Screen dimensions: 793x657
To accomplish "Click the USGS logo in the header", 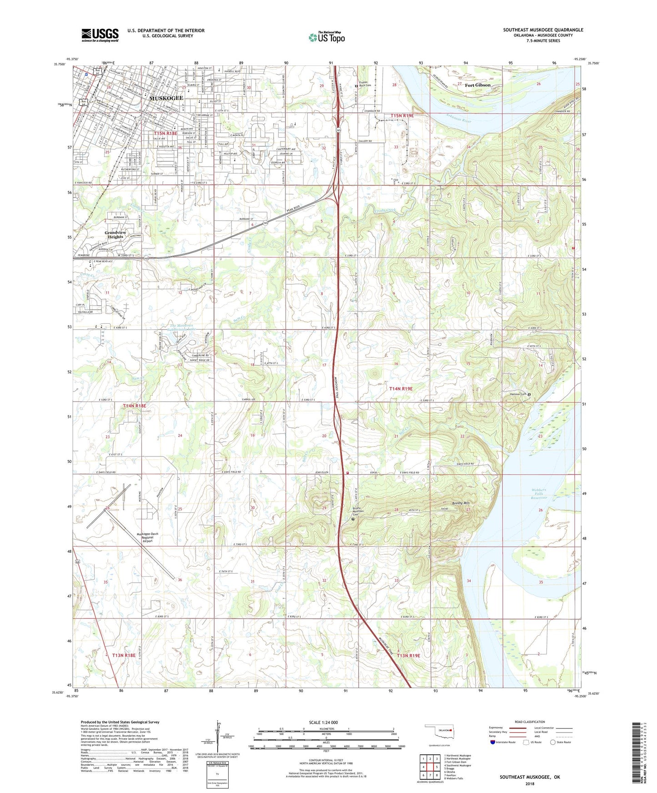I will pos(100,35).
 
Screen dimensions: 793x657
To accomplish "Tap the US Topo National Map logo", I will pos(326,37).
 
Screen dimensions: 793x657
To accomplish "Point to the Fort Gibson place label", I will pos(477,85).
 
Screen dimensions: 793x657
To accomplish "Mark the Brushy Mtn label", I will pos(461,503).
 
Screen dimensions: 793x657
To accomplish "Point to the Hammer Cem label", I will pos(518,394).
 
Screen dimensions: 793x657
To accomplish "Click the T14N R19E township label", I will pos(401,389).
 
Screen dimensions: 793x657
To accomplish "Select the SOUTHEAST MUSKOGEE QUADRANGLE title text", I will pos(543,30).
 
